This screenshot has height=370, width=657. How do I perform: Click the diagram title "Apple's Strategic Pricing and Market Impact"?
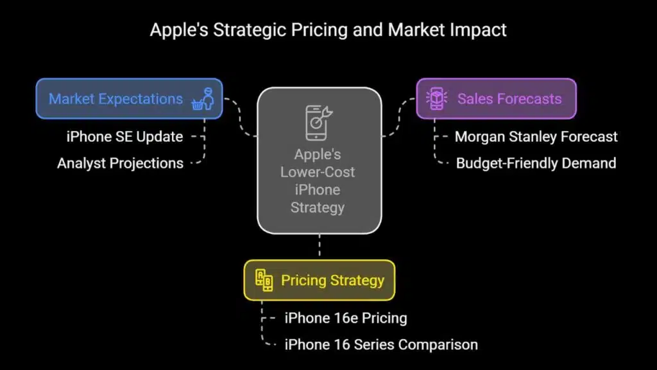point(328,30)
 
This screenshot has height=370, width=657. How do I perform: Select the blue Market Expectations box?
point(115,99)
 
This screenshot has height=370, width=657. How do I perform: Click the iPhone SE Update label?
point(124,136)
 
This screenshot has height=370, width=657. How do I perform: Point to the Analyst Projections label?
point(120,163)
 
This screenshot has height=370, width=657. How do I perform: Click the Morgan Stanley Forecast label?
point(536,136)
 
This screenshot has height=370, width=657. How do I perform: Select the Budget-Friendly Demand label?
point(536,163)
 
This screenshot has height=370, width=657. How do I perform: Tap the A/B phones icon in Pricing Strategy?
point(264,280)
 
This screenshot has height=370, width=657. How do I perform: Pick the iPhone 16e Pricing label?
point(346,318)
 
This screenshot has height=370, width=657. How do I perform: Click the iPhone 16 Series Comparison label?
point(381,344)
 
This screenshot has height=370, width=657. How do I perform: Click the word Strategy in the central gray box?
point(318,207)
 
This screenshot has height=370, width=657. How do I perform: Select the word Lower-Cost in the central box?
point(318,172)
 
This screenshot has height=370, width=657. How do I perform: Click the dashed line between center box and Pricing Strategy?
point(319,247)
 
